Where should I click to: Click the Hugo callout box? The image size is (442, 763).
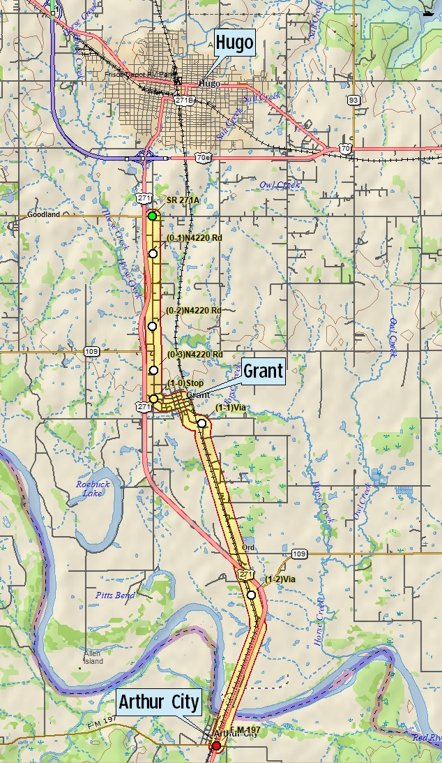(234, 43)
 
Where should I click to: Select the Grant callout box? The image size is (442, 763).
(264, 371)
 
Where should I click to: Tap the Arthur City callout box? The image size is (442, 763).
(159, 702)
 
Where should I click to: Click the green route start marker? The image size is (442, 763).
(152, 216)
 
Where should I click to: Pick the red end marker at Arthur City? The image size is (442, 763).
(216, 746)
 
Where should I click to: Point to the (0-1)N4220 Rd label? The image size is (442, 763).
(195, 238)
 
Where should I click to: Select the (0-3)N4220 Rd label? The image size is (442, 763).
(195, 355)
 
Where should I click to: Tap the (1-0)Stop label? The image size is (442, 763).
(185, 383)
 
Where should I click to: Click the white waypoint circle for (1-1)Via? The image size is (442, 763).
(201, 423)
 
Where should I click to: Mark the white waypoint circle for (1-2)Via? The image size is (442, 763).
(251, 595)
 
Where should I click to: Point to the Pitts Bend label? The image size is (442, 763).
(115, 595)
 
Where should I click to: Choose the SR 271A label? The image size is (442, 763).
(183, 200)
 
